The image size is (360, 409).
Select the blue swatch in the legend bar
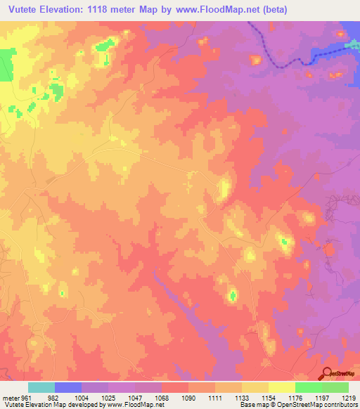[68, 387]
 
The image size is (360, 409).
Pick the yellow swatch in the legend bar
[281, 387]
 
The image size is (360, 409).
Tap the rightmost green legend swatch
[335, 387]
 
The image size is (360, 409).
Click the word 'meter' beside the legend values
[10, 398]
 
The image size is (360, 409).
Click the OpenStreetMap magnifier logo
[327, 374]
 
